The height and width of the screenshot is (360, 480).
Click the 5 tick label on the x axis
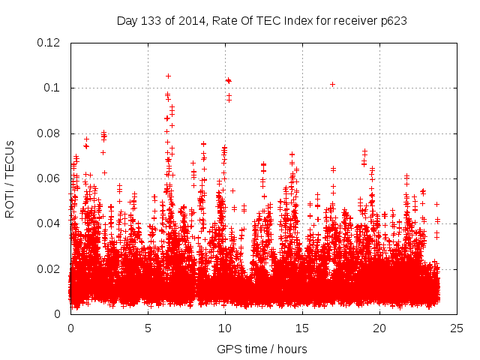tap(148, 328)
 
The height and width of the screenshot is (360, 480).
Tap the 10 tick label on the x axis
tap(225, 328)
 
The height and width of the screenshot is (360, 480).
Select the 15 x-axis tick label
tap(302, 328)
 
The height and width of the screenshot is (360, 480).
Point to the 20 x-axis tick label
tap(379, 328)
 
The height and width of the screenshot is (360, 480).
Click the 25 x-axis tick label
tap(457, 328)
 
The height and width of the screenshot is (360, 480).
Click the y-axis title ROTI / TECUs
tap(10, 178)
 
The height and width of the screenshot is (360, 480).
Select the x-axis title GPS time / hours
tap(262, 349)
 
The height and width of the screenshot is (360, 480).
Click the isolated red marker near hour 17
tap(332, 84)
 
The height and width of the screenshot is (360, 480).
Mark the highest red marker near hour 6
tap(168, 76)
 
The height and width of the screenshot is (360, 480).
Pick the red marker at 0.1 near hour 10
tap(228, 80)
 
